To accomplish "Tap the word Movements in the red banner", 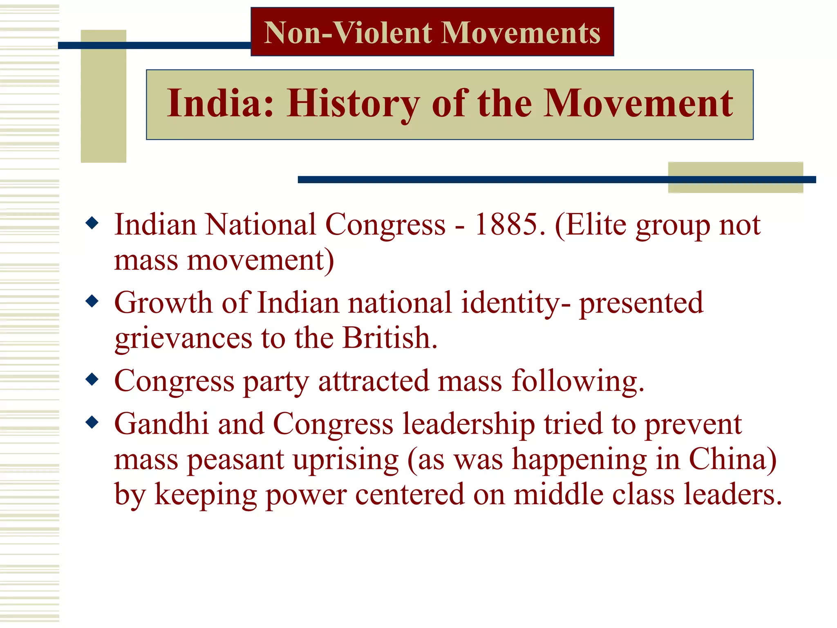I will tap(521, 33).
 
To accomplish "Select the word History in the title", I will tap(353, 104).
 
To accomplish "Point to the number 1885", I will tap(509, 224).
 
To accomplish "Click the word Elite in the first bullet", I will tap(590, 224).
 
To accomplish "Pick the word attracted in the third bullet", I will tap(373, 381).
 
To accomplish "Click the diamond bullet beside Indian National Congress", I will tap(92, 223).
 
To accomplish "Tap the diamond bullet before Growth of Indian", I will tap(92, 302).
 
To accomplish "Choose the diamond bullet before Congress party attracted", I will tap(92, 379).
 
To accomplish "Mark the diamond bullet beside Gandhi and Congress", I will tap(92, 422).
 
